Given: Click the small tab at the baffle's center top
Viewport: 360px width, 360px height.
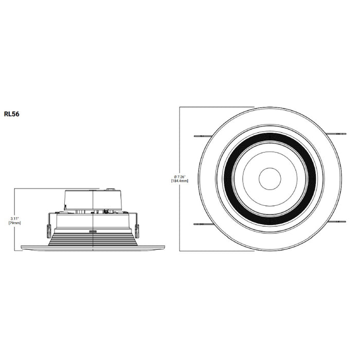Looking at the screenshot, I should click(x=93, y=232).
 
